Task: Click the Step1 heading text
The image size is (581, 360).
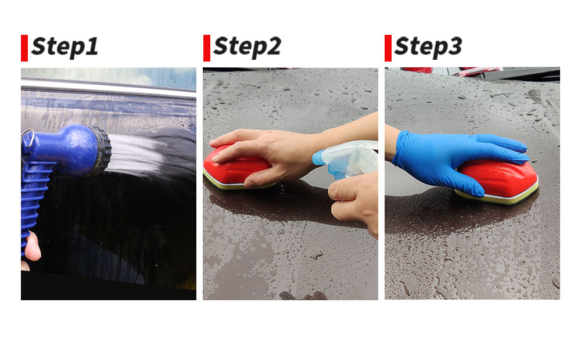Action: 65,47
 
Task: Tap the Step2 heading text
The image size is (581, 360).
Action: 247,47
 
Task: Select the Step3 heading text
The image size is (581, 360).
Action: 428,47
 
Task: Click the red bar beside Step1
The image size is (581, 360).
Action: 24,48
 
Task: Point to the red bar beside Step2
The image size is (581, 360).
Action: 207,48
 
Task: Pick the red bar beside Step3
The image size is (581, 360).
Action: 388,48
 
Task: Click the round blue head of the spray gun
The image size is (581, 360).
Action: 74,149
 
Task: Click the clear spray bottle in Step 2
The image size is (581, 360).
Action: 346,159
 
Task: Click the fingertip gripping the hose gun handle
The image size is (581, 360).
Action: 33,246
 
